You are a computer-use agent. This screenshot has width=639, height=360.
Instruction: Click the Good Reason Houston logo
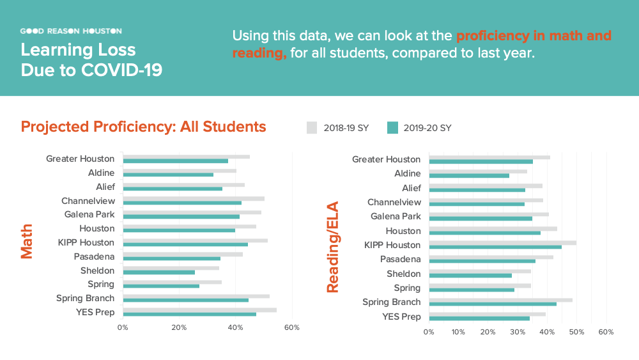click(71, 31)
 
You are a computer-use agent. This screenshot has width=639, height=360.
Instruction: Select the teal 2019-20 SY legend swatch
click(393, 128)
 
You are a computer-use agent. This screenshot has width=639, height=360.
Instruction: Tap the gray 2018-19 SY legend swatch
click(312, 128)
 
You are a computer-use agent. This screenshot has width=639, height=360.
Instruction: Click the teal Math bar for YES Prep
click(189, 314)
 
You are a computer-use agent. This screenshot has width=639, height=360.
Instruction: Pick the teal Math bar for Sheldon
click(158, 272)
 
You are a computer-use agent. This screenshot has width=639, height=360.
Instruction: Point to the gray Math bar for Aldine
click(180, 171)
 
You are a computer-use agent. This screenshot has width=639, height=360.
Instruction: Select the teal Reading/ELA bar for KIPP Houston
click(495, 247)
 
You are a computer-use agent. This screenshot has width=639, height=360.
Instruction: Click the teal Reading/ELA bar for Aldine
click(469, 175)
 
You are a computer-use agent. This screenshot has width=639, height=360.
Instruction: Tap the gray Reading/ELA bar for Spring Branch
click(500, 300)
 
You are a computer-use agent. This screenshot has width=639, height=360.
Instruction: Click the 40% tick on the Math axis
click(235, 327)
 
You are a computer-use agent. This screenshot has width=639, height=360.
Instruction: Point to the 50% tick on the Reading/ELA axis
click(576, 332)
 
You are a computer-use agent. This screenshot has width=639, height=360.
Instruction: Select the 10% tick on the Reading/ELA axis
click(458, 332)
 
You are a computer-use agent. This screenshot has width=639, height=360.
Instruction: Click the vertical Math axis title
click(27, 241)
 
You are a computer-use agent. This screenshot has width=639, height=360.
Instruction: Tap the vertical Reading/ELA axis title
click(332, 247)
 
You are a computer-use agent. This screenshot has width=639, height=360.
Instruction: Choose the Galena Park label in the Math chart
click(89, 214)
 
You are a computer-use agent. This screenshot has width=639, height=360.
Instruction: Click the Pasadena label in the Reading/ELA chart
click(400, 259)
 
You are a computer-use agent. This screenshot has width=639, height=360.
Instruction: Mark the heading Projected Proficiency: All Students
click(143, 127)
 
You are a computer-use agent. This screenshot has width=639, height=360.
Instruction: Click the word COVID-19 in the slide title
click(121, 70)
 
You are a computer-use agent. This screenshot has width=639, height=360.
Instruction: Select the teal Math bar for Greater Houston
click(175, 160)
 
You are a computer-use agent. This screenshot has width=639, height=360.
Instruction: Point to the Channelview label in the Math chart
click(88, 201)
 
